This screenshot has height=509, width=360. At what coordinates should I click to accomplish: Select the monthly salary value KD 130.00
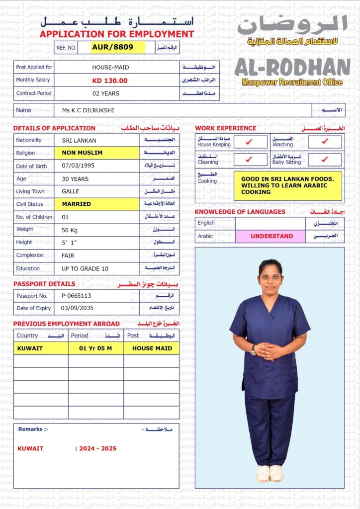(109, 81)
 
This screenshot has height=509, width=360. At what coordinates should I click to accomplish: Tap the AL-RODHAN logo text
(292, 68)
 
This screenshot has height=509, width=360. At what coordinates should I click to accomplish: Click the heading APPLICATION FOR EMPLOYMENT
(117, 34)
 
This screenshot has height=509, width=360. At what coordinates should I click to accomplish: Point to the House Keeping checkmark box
(250, 142)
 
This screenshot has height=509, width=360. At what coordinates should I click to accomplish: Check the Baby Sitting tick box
(325, 160)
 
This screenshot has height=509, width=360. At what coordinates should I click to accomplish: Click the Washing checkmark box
(325, 142)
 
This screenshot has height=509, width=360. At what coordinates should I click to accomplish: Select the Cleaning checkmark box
(250, 160)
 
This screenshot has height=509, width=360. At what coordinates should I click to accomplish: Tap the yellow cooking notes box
(288, 185)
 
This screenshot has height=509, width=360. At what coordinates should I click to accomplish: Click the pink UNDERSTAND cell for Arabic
(271, 236)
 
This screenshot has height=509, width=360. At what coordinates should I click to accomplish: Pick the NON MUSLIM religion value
(96, 153)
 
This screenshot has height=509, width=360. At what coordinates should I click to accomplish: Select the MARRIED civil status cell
(96, 204)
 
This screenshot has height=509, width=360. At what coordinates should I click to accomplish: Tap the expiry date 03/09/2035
(77, 308)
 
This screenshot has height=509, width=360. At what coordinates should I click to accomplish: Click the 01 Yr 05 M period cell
(95, 348)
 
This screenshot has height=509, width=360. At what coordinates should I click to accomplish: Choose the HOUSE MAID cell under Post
(151, 348)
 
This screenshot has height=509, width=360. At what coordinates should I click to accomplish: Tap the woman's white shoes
(270, 473)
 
